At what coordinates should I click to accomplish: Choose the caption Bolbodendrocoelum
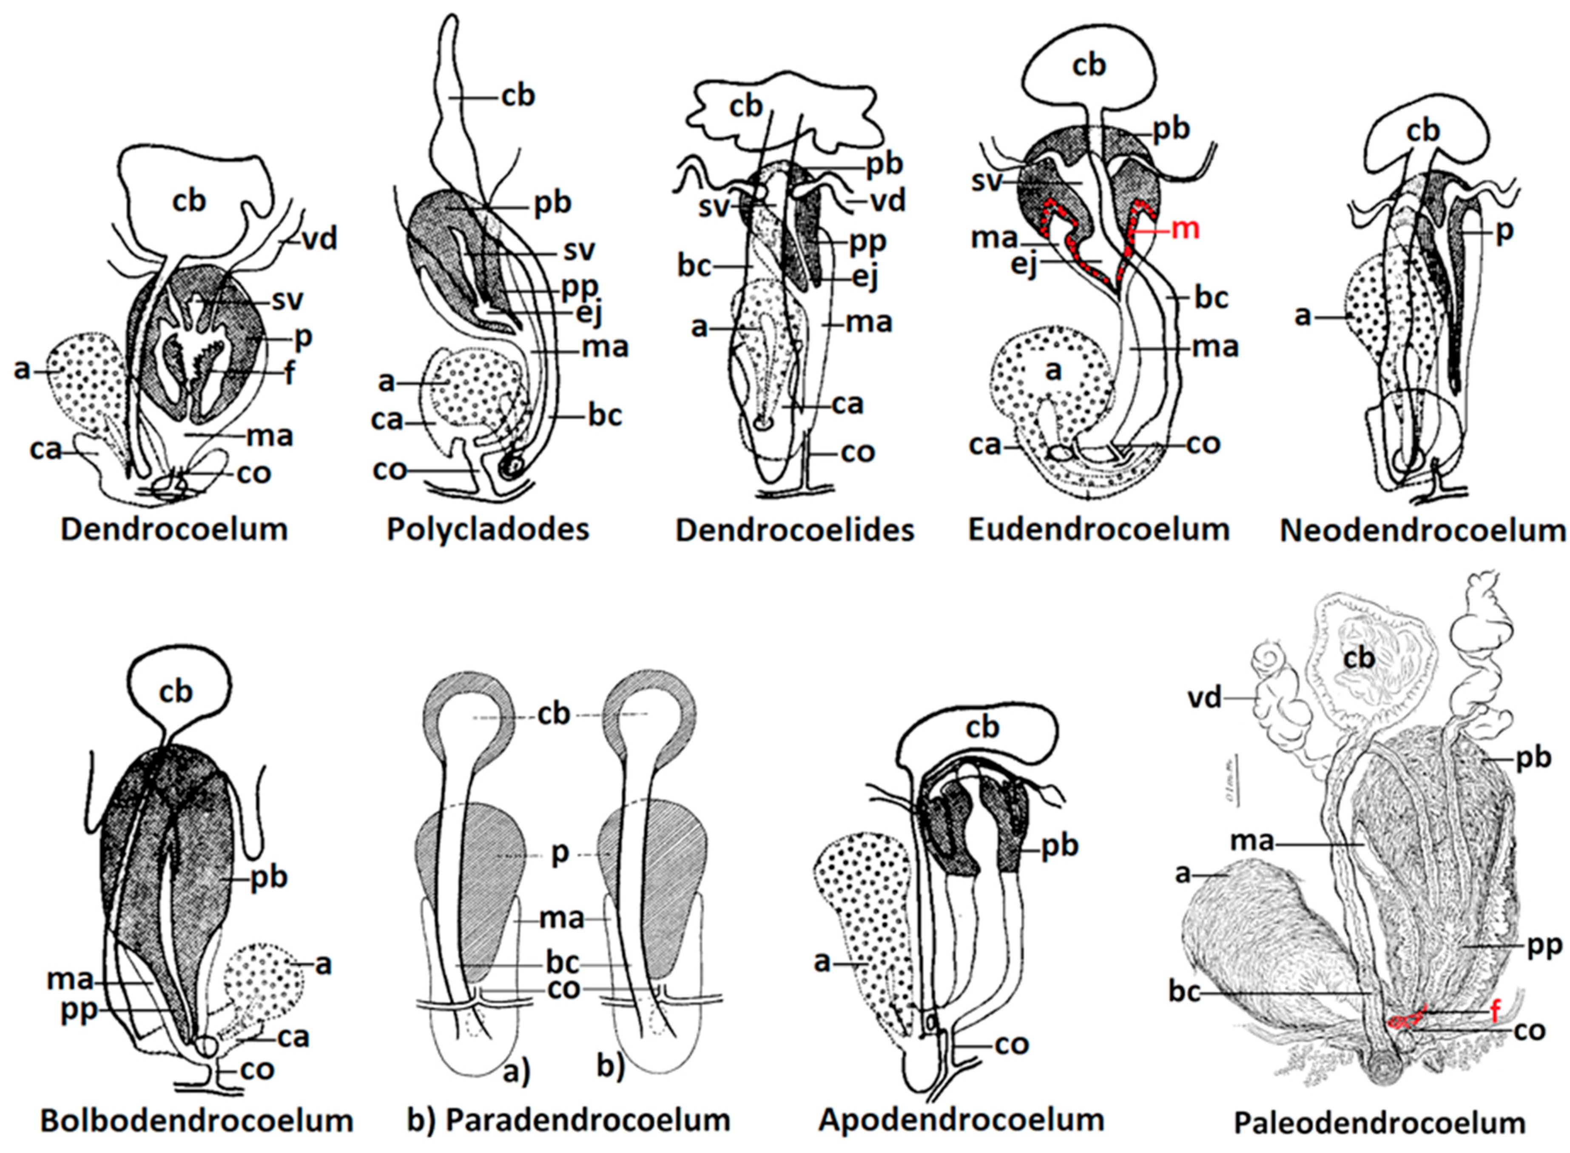[197, 1120]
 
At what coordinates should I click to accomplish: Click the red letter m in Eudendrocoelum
[1184, 228]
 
